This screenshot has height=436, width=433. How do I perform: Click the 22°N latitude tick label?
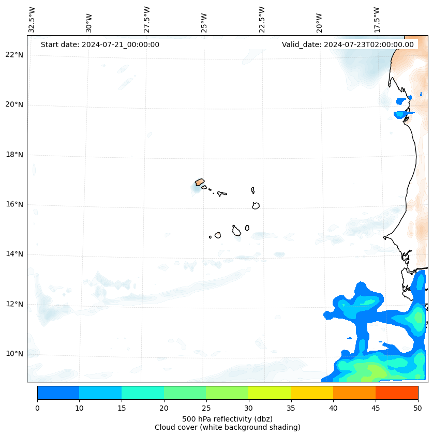click(x=14, y=55)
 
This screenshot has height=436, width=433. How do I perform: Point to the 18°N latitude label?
click(x=14, y=155)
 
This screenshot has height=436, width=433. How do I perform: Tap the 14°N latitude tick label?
click(x=14, y=254)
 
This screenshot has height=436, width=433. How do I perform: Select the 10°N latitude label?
click(x=14, y=354)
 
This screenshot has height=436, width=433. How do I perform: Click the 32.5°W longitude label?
click(x=32, y=20)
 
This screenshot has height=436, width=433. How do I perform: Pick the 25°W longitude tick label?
click(x=204, y=23)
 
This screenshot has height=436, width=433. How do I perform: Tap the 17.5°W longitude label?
click(x=377, y=20)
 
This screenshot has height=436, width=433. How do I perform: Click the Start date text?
click(x=100, y=44)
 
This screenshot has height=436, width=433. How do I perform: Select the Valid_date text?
click(x=348, y=44)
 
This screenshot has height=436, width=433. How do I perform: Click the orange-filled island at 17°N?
click(x=200, y=182)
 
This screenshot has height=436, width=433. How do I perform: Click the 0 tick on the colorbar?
click(x=37, y=408)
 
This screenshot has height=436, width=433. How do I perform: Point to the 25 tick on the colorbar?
click(x=206, y=408)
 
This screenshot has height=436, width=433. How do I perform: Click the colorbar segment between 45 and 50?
click(x=397, y=393)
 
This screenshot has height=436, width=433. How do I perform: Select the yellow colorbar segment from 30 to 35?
click(x=270, y=393)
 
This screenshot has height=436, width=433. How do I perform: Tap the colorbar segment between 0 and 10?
click(x=58, y=393)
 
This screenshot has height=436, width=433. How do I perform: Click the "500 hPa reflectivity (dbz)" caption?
click(x=227, y=418)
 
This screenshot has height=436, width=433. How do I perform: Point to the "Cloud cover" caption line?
click(x=227, y=427)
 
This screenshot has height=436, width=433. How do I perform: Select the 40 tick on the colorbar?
click(x=333, y=408)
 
